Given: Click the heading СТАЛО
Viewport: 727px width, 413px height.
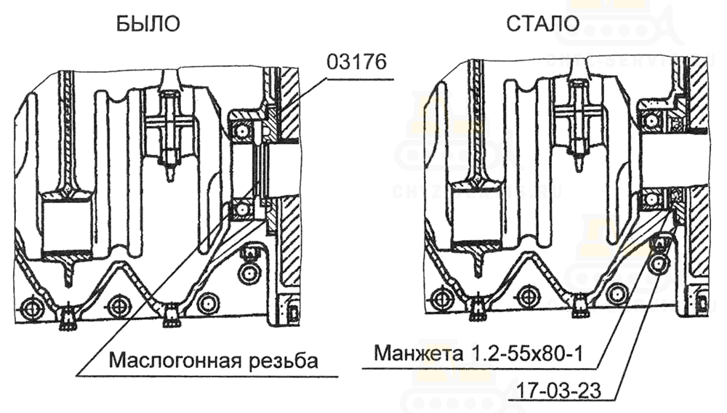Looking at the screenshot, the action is tap(543, 23).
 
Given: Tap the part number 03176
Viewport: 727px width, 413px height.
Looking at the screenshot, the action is tap(356, 62).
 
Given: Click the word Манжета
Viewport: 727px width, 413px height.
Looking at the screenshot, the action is tap(419, 353).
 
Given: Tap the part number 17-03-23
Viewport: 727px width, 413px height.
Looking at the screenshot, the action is tap(558, 390).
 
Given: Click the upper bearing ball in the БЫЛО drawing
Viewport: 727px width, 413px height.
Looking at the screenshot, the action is tap(241, 131).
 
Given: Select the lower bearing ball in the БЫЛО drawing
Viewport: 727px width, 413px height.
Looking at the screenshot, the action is tap(241, 209).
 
